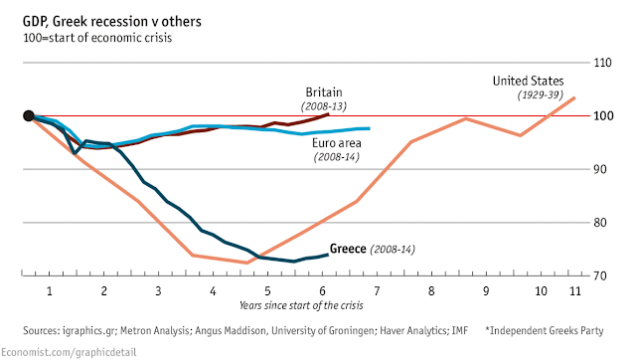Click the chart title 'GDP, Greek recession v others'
[x=112, y=22]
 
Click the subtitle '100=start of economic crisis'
[x=97, y=38]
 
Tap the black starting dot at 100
[x=29, y=116]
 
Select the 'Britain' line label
[x=324, y=92]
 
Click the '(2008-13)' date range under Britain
[x=324, y=106]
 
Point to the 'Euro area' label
[x=337, y=143]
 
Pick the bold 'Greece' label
[x=348, y=249]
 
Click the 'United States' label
[x=528, y=82]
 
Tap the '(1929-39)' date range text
[x=541, y=94]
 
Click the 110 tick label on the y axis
[x=602, y=63]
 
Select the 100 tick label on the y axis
[x=603, y=116]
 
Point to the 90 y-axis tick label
[x=600, y=169]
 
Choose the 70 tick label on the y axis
[x=600, y=276]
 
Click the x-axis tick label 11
[x=575, y=291]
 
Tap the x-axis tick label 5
[x=267, y=291]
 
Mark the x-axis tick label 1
[x=50, y=291]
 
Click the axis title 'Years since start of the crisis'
[x=301, y=305]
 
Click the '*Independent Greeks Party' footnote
[x=545, y=331]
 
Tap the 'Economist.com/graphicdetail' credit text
[x=69, y=352]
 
